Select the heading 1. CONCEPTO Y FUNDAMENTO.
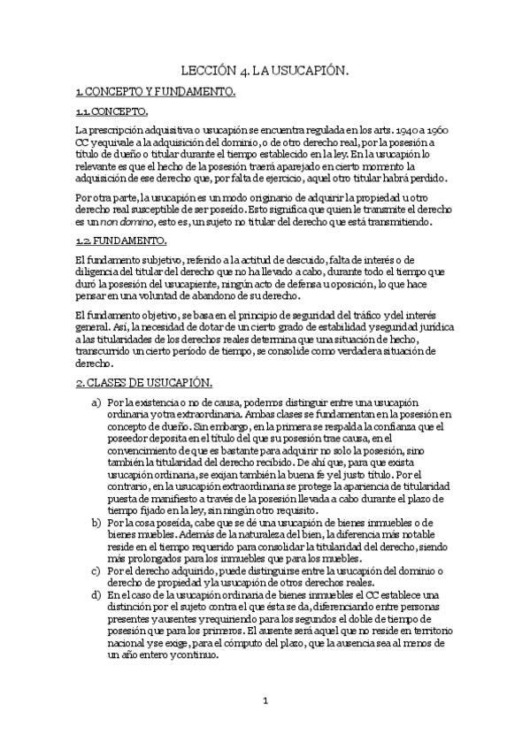pyautogui.click(x=155, y=91)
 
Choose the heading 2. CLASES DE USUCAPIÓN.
pyautogui.click(x=143, y=382)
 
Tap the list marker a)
pyautogui.click(x=96, y=402)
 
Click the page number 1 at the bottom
pyautogui.click(x=265, y=701)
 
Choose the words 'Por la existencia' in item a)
pyautogui.click(x=148, y=402)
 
